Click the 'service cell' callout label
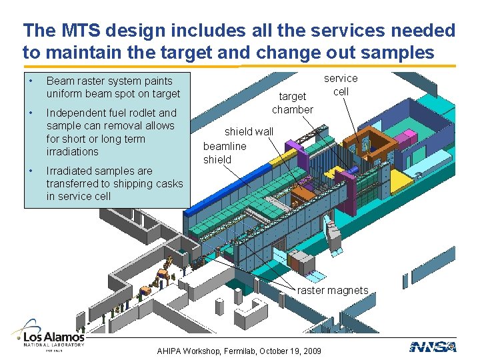click(341, 85)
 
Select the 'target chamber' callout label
click(292, 103)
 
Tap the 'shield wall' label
click(248, 131)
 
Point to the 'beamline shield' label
click(225, 153)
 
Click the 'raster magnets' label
click(332, 290)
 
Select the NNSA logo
click(433, 346)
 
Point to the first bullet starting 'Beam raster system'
click(113, 87)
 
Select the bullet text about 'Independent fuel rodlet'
click(111, 132)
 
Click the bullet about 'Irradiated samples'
click(114, 183)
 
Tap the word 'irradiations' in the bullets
click(72, 151)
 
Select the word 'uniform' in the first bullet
click(65, 94)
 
